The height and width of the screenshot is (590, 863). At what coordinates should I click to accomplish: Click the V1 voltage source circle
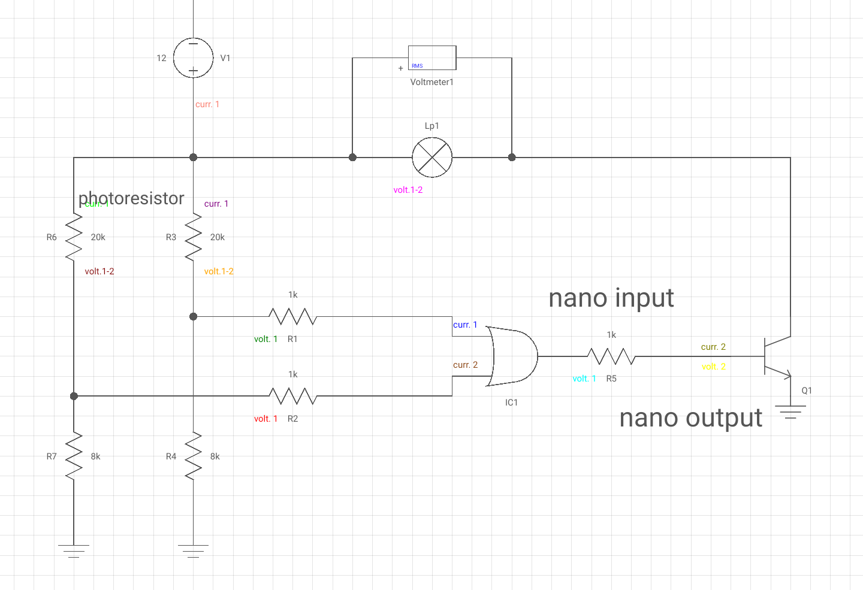pyautogui.click(x=193, y=58)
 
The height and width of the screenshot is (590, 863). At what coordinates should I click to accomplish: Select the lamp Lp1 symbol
pyautogui.click(x=432, y=158)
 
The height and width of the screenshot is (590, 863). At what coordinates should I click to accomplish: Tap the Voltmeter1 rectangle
pyautogui.click(x=432, y=58)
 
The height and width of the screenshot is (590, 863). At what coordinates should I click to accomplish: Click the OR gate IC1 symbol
pyautogui.click(x=512, y=356)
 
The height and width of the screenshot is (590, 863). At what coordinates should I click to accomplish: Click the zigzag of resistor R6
pyautogui.click(x=74, y=237)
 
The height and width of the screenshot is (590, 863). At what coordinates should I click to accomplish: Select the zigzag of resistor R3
pyautogui.click(x=193, y=237)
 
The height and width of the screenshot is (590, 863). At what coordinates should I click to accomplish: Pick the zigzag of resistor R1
pyautogui.click(x=292, y=316)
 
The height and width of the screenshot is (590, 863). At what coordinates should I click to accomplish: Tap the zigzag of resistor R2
pyautogui.click(x=292, y=396)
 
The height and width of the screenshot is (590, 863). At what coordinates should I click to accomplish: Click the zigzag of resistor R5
pyautogui.click(x=611, y=356)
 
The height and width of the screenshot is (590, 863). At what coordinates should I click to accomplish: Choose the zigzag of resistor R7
pyautogui.click(x=74, y=456)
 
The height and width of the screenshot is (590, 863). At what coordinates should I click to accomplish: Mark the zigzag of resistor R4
pyautogui.click(x=193, y=456)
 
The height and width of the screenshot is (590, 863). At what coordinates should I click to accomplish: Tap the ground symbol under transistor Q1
pyautogui.click(x=790, y=412)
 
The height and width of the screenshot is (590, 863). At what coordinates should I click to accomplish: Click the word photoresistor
pyautogui.click(x=131, y=198)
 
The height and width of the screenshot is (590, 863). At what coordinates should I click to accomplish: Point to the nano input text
pyautogui.click(x=611, y=298)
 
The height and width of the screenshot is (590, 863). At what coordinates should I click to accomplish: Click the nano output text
pyautogui.click(x=690, y=417)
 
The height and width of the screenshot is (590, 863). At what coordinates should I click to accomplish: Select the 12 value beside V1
pyautogui.click(x=161, y=58)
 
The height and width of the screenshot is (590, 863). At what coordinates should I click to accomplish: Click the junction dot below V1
pyautogui.click(x=193, y=158)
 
